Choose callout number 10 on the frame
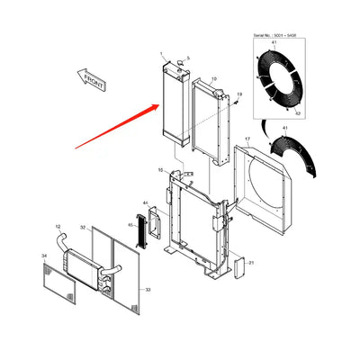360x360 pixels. tap(160, 169)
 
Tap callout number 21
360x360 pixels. tap(252, 262)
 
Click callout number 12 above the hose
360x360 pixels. tap(58, 226)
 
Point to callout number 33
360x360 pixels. tap(148, 289)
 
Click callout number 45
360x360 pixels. tap(130, 225)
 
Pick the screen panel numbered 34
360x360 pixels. tap(59, 280)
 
